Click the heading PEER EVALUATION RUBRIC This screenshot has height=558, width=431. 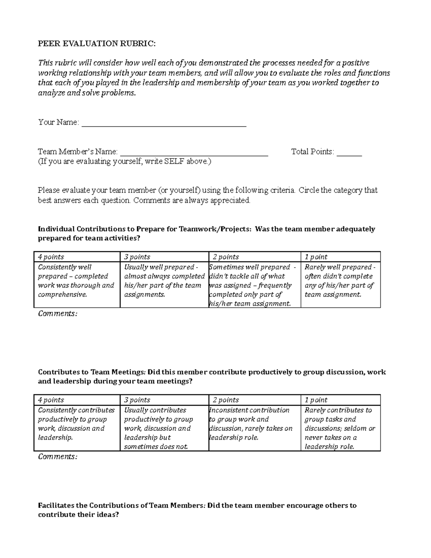97,44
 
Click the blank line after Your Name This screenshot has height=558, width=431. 164,124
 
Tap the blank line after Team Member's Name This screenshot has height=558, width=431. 194,153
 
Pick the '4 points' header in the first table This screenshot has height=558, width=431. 51,257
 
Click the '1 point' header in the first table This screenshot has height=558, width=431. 316,257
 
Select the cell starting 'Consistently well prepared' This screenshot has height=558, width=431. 77,281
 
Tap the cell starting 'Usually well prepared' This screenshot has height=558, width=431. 164,281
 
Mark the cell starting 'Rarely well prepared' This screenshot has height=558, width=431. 340,281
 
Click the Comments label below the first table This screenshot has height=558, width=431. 57,314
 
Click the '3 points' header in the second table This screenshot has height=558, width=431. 137,400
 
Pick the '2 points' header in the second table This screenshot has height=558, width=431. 226,400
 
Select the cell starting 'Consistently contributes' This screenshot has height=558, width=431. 77,424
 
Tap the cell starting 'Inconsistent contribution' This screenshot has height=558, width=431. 251,424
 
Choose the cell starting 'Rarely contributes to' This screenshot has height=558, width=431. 340,428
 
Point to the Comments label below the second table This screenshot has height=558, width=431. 57,457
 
